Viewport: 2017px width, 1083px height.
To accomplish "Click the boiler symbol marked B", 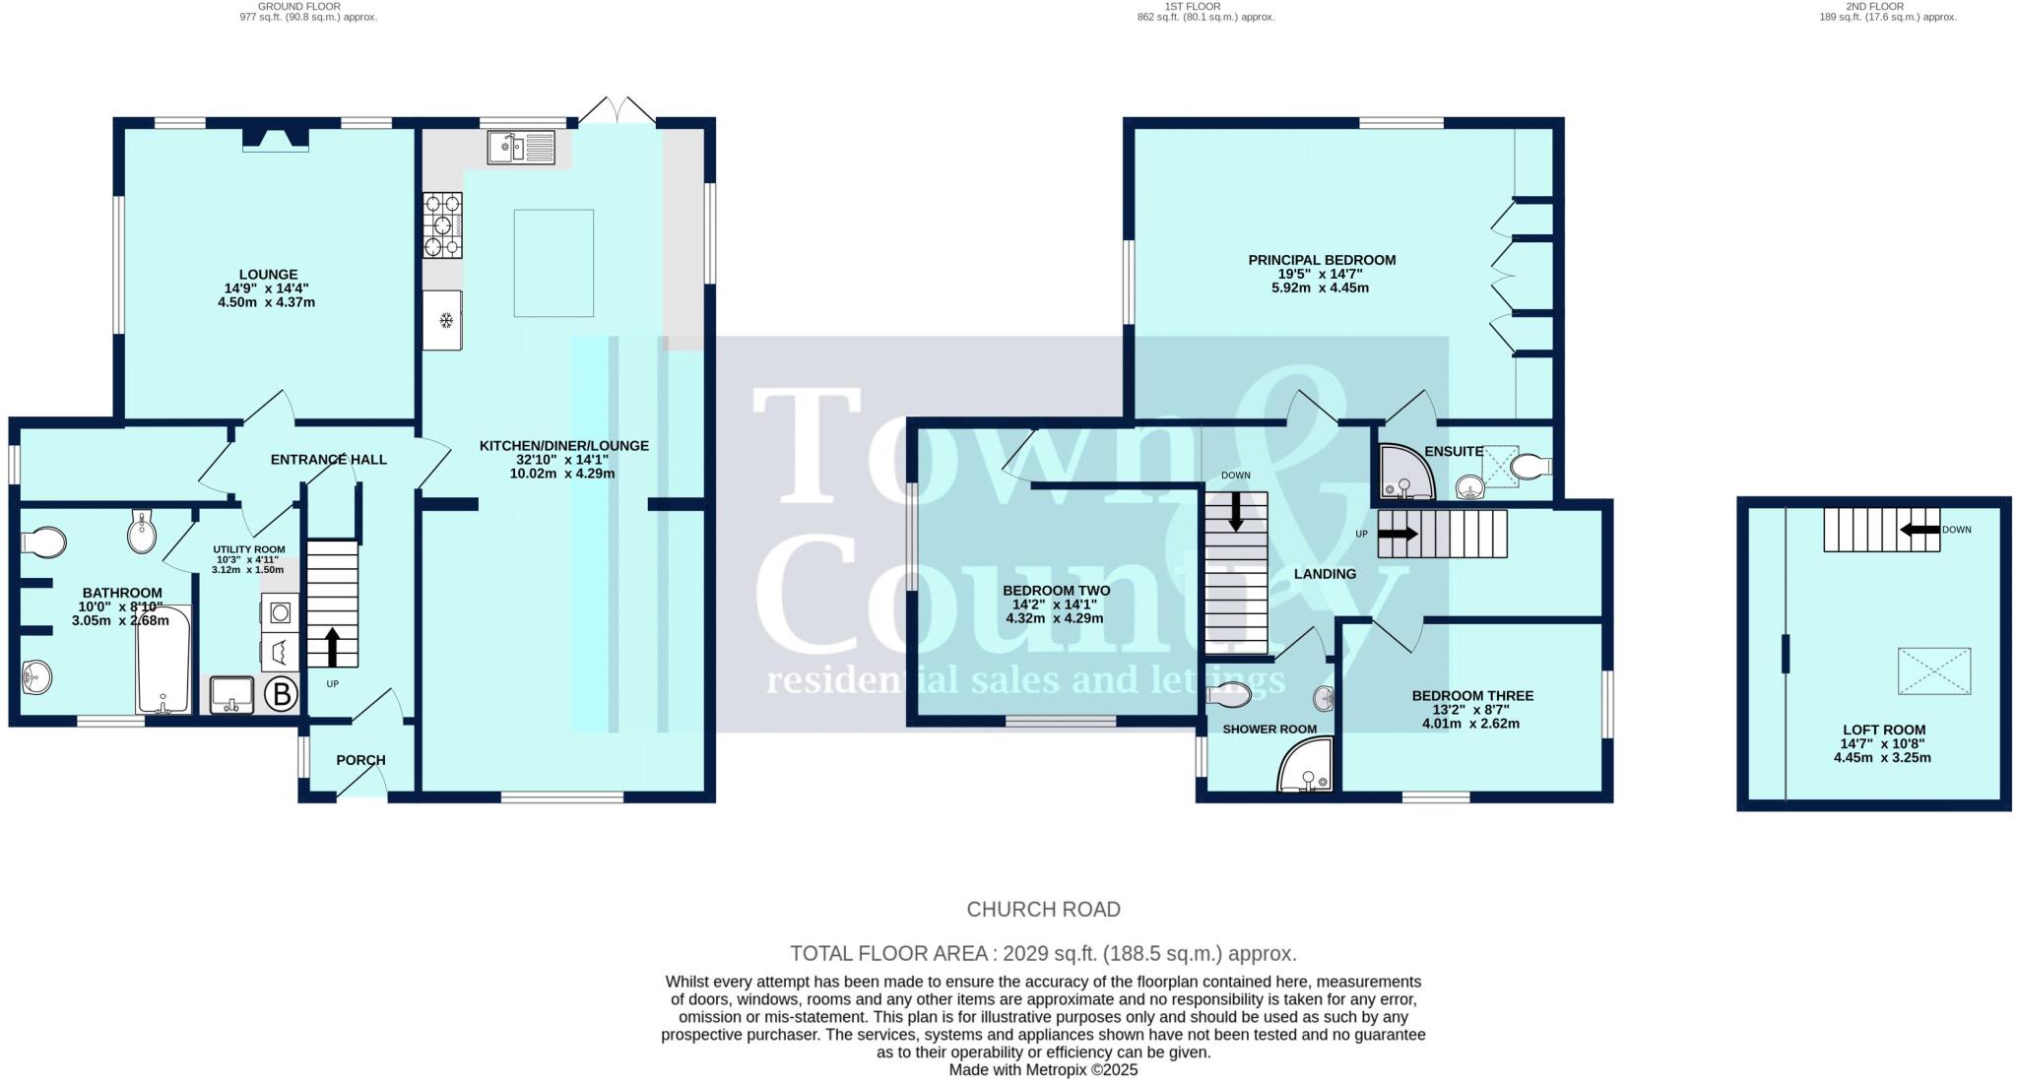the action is [282, 695].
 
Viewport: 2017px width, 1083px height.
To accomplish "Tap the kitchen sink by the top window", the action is [522, 149].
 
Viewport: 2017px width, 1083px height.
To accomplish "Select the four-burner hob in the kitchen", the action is [442, 225].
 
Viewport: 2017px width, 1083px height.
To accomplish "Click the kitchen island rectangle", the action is [553, 263].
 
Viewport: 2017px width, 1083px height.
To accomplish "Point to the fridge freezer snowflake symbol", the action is [445, 320].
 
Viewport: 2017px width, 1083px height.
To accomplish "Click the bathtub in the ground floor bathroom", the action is [163, 660].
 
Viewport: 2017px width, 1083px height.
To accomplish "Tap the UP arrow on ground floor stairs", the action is [331, 646].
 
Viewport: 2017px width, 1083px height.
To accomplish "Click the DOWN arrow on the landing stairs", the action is [1235, 511].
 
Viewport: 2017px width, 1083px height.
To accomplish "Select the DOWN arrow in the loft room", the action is [1919, 530].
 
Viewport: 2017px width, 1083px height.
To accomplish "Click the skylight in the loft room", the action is [1934, 671].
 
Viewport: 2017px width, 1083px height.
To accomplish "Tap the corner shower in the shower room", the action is [1306, 766].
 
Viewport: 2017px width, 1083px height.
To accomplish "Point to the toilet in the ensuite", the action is [1529, 466].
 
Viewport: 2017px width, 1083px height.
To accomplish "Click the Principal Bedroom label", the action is [1322, 260].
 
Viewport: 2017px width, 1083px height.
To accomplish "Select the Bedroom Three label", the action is [1472, 696].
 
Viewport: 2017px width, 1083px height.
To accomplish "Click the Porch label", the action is [360, 760].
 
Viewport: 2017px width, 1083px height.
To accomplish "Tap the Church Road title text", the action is [1043, 910].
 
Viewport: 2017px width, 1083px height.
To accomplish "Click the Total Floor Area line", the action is [1043, 953].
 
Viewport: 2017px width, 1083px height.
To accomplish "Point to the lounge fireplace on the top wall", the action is [276, 140].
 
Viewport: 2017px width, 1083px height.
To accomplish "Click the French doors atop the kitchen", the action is [617, 110].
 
